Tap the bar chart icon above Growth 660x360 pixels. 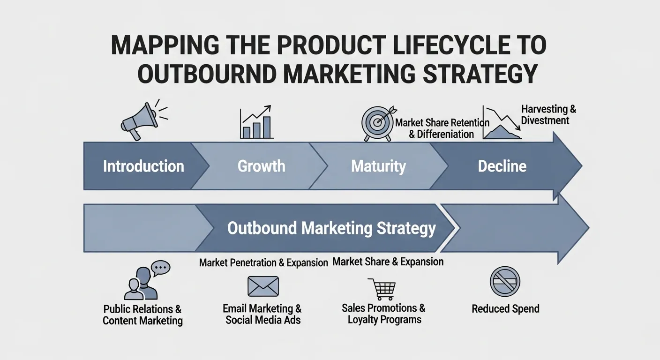[256, 122]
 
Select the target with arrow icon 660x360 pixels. [378, 122]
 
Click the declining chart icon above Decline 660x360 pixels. [502, 123]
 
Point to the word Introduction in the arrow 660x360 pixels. [143, 166]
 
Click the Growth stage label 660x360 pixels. [261, 166]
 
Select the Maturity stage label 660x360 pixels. [378, 166]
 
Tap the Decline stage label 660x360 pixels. [502, 166]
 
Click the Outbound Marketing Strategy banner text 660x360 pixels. [331, 228]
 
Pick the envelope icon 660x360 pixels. [263, 286]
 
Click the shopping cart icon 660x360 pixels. [382, 289]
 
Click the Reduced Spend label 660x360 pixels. [505, 309]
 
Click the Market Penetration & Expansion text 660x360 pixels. [263, 262]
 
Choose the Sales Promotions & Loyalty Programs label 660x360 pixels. [383, 314]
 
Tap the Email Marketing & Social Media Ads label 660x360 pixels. [262, 315]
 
